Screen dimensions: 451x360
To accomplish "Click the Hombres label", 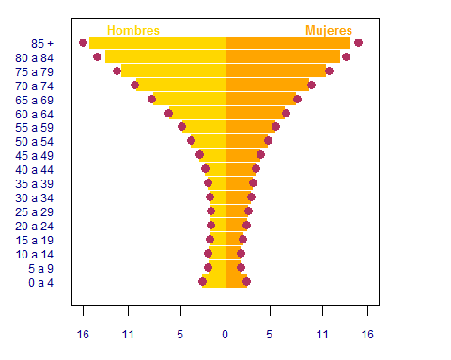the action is click(x=133, y=31).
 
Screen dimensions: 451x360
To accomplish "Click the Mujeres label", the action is click(x=329, y=31).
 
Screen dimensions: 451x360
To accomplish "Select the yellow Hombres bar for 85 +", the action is click(x=158, y=43).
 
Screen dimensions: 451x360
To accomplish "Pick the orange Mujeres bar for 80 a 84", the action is click(x=283, y=56).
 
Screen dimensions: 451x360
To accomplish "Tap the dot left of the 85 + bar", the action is click(x=83, y=42).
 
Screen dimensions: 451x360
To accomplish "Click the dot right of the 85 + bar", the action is click(x=358, y=42).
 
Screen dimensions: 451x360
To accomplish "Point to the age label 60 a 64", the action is click(x=35, y=115).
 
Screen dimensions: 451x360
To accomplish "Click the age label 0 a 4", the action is click(x=41, y=283).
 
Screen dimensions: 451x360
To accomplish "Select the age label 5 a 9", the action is click(x=41, y=269).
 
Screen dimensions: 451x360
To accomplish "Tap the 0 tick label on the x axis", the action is click(x=225, y=335).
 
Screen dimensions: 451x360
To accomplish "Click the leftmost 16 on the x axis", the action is click(x=83, y=335).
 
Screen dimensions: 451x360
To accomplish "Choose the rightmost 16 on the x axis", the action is click(x=367, y=335).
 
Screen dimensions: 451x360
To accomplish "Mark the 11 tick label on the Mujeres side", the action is click(x=322, y=335).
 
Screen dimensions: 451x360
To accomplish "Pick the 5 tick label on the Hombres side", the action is click(x=179, y=335).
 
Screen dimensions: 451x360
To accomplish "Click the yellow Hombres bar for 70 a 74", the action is click(x=181, y=86).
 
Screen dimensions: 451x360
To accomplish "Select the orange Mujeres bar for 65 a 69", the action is click(x=261, y=99).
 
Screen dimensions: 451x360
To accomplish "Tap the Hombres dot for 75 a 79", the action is click(x=117, y=70).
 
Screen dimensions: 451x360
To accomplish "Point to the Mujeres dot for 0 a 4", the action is click(x=246, y=282).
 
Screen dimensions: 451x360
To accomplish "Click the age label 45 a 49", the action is click(x=35, y=156).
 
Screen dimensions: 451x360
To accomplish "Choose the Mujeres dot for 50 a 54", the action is click(x=268, y=140).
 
